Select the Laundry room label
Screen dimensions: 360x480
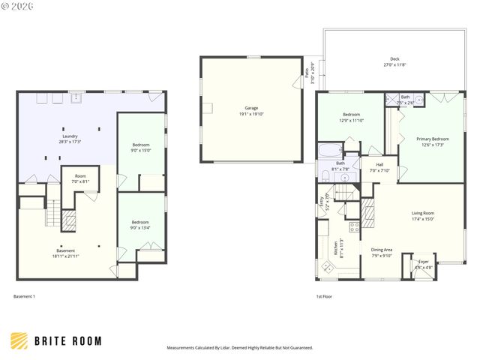coord(70,138)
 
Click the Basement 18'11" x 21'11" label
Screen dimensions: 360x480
coord(65,253)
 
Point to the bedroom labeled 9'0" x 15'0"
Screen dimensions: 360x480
coord(141,147)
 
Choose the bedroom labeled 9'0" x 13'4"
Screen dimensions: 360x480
coord(141,225)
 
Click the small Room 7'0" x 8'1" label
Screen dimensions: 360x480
coord(80,178)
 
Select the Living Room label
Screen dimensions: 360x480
coord(423,216)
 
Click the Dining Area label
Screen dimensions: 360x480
coord(382,253)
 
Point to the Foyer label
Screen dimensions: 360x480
coord(424,264)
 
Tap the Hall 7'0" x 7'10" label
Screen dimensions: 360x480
coord(380,167)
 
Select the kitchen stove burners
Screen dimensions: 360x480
coord(353,226)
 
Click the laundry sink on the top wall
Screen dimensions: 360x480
coord(76,97)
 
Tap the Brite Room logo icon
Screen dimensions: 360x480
coord(20,340)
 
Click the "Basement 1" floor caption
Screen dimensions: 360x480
coord(24,296)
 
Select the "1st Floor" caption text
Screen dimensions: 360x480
coord(324,296)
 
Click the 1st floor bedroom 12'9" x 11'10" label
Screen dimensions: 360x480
coord(352,117)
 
